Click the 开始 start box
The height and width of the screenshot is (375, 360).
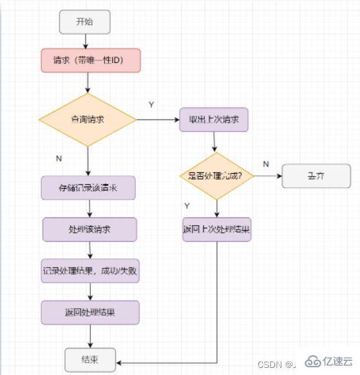click(84, 21)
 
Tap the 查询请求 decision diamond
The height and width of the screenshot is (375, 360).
click(88, 120)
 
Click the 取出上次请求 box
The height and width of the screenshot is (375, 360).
click(214, 119)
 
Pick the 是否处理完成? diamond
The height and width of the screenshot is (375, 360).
click(216, 176)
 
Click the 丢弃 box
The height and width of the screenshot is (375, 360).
click(315, 176)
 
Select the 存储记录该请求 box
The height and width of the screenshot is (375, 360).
click(89, 188)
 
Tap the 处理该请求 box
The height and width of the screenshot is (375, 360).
click(90, 230)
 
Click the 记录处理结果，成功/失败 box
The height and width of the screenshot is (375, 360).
click(90, 271)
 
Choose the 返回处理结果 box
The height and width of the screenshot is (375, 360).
click(90, 313)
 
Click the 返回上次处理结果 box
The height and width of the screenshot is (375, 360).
click(216, 230)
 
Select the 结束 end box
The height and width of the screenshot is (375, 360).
click(90, 359)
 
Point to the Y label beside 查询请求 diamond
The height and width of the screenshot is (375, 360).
click(151, 105)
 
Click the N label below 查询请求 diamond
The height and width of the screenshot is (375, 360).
click(59, 156)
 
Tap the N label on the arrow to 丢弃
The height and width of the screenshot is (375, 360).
click(266, 164)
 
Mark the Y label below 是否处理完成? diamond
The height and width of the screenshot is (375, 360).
click(187, 206)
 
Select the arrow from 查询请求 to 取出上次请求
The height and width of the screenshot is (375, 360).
click(158, 120)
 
